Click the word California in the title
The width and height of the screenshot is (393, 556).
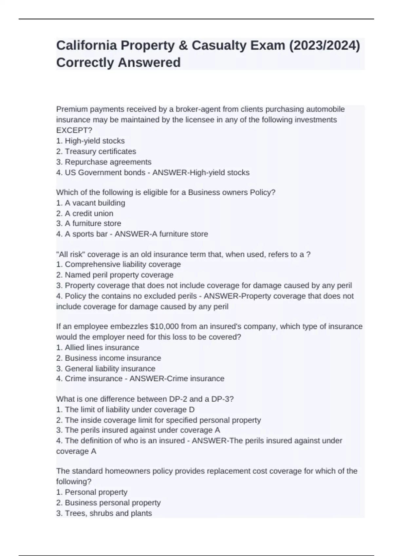[x=86, y=45]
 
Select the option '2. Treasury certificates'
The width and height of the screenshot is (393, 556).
[x=96, y=151]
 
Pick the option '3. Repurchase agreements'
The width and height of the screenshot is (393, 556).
[x=104, y=162]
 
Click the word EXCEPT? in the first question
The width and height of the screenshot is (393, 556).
[x=74, y=130]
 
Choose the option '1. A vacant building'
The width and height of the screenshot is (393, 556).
[x=91, y=203]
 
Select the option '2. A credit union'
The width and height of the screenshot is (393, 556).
[x=85, y=213]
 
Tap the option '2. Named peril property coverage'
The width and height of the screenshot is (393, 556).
[x=115, y=275]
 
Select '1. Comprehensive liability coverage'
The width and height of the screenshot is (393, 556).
[x=119, y=264]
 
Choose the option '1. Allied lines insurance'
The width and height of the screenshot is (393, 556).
[x=98, y=347]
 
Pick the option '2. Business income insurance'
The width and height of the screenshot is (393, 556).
[x=109, y=358]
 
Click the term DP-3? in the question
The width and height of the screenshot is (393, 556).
[x=223, y=399]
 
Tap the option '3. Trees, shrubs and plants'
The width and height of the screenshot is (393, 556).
[x=104, y=513]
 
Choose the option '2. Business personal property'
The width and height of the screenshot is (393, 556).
[x=108, y=502]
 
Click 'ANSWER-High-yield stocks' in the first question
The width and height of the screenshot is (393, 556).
[x=201, y=172]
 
